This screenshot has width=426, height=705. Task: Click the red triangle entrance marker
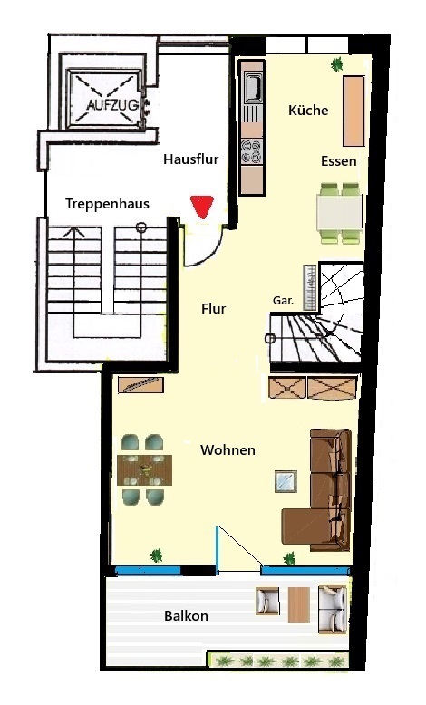click(201, 206)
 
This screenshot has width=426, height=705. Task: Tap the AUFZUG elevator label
click(112, 106)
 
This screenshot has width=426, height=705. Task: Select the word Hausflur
click(190, 159)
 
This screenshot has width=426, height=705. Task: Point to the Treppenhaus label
click(107, 204)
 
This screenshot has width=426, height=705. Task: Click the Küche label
click(308, 111)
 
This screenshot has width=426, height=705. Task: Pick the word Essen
click(338, 161)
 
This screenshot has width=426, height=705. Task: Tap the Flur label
click(213, 309)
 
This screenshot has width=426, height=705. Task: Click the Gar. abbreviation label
click(283, 301)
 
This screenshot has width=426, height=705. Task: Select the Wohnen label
click(228, 450)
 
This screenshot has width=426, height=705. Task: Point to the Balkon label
click(186, 615)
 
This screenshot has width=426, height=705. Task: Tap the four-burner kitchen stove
click(251, 150)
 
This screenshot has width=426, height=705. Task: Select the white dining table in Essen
click(340, 213)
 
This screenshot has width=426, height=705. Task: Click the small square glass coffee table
click(286, 481)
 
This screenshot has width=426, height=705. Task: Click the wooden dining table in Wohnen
click(144, 470)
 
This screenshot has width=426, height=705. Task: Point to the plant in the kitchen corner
click(336, 64)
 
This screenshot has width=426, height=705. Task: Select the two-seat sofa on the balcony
click(333, 609)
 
